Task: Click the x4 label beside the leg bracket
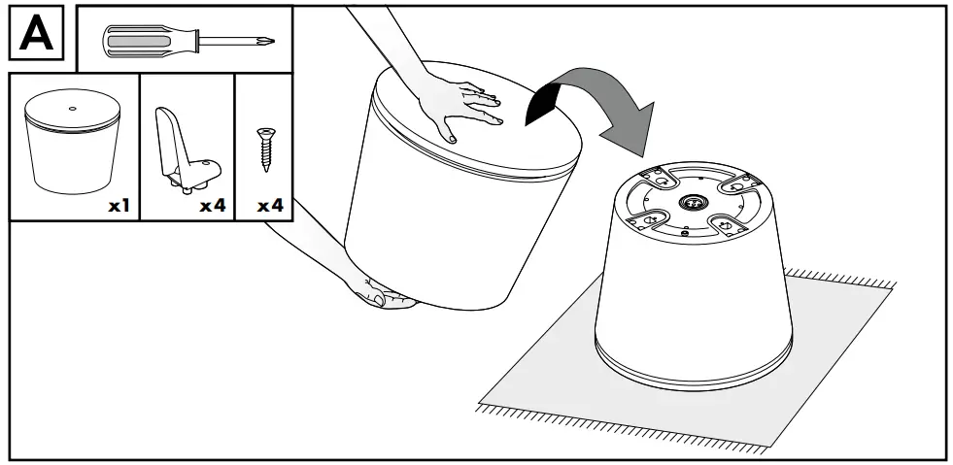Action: coord(213,205)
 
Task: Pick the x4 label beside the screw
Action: coord(270,205)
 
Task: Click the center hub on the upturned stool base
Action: coord(693,201)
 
